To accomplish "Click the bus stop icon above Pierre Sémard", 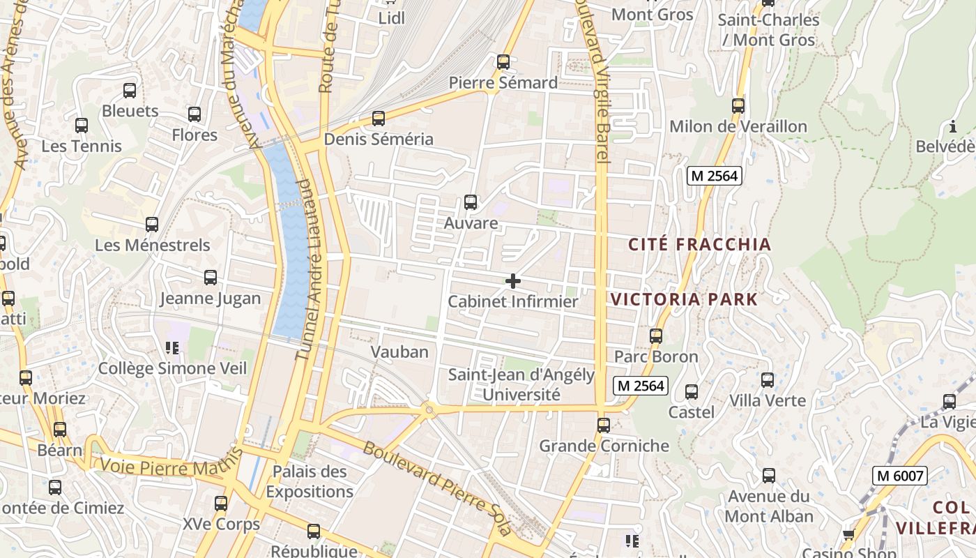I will (503, 62).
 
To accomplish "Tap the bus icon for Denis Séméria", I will (379, 119).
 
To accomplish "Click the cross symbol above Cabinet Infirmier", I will (513, 281).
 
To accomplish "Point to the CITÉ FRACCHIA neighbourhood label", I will (699, 244).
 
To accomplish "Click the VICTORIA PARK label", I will (684, 300).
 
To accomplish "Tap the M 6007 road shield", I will (899, 476).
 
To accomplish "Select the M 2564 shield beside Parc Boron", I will (641, 385).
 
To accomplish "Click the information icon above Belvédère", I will (953, 126).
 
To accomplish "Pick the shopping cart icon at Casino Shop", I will (848, 535).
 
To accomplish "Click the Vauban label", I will (399, 352).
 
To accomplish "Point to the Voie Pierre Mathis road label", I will (171, 465).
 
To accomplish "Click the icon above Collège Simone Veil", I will (172, 347).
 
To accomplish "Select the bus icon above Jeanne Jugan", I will (211, 278).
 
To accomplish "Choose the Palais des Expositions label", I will (310, 481).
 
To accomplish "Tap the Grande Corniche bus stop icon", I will (604, 425).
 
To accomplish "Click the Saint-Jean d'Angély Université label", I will (521, 384).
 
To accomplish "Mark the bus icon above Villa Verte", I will (768, 380).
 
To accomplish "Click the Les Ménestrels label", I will (152, 246).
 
